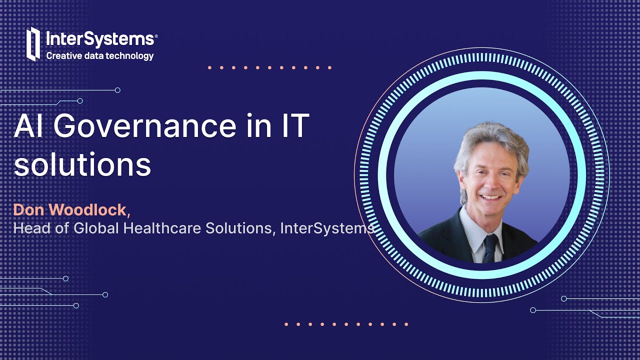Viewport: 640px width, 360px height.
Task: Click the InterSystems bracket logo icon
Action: [33, 44]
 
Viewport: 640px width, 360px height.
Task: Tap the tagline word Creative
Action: [62, 56]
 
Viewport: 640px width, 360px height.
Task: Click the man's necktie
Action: [490, 247]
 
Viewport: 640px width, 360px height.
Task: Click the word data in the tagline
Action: [95, 56]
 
